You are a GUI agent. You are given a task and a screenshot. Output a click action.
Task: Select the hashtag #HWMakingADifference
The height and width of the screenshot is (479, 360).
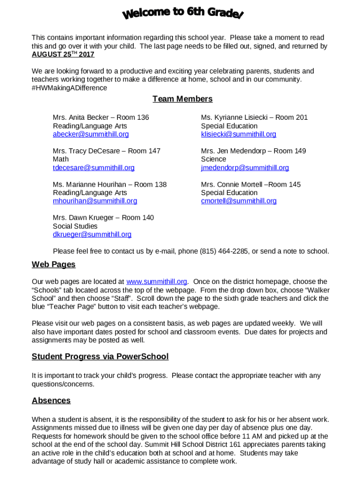point(69,88)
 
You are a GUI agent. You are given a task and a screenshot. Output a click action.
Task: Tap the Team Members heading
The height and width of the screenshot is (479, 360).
point(182,99)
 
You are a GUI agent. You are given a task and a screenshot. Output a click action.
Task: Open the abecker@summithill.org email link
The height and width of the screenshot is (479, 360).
point(91,134)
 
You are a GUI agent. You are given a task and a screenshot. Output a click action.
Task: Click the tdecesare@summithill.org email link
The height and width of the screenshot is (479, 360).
point(94,167)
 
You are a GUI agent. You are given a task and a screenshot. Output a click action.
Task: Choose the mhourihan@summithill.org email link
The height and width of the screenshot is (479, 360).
point(95,201)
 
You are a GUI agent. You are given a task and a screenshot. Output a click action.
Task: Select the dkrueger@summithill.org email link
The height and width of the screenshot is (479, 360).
point(92,234)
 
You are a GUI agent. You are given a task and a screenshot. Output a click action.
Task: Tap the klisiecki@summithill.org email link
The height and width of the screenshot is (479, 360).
point(238,134)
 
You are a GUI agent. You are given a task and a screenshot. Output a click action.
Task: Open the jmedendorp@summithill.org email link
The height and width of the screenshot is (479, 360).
point(245,167)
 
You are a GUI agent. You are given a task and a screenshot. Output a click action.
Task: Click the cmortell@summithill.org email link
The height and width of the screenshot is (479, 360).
point(238,201)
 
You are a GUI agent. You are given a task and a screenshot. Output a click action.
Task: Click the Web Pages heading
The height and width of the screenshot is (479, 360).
point(53,265)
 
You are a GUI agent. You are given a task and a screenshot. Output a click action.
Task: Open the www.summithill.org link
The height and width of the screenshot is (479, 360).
point(157,282)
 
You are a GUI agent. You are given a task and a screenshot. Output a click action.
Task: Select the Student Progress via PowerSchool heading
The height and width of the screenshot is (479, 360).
point(100,357)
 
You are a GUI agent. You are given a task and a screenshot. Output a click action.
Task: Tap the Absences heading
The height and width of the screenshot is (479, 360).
point(51,401)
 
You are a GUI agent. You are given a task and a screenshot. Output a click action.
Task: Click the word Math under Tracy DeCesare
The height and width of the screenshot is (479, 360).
point(61,159)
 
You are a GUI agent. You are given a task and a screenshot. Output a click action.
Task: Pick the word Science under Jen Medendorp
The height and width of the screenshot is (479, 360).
point(213,159)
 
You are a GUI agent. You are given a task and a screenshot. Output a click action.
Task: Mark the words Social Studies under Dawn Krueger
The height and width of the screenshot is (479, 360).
point(75,226)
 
